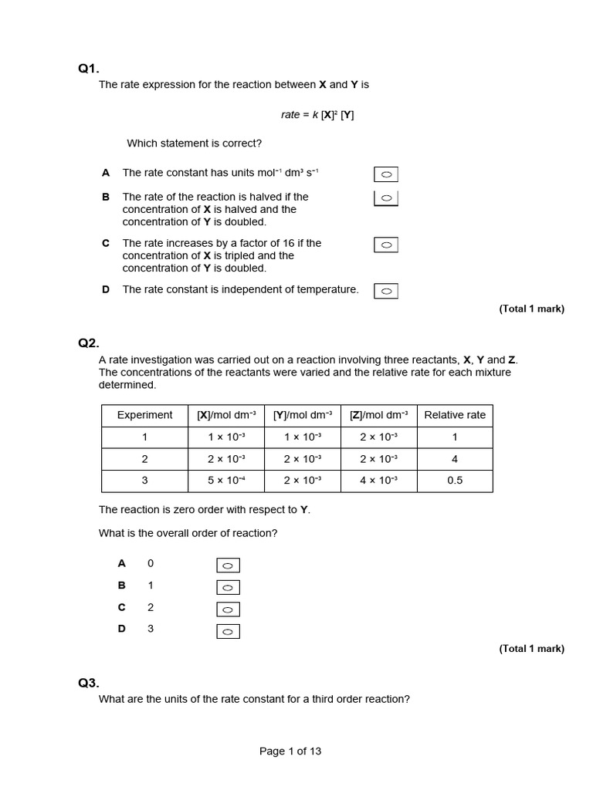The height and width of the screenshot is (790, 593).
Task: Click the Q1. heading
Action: pos(89,69)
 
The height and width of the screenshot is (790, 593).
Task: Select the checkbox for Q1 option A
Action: pos(386,175)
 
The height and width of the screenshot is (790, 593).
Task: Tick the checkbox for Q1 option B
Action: pos(386,198)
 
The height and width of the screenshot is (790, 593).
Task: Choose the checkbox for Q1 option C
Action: pos(386,245)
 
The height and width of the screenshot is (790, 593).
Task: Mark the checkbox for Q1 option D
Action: pos(386,291)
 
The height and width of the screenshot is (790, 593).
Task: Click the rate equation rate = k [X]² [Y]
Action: pos(317,114)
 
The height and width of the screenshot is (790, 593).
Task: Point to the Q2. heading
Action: pos(89,343)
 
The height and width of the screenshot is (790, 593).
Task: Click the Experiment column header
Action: pos(144,415)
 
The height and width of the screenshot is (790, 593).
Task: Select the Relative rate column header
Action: pos(455,415)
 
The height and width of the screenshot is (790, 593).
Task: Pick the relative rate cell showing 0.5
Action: pos(455,481)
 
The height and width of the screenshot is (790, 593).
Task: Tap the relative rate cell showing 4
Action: pos(455,459)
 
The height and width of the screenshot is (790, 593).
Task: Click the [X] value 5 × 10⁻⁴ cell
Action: pos(226,481)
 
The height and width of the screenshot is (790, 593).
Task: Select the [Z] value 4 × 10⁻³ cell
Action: pos(379,481)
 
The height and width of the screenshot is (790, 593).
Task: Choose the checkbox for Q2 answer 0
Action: pos(228,565)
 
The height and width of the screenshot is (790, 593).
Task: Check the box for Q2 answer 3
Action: pos(228,632)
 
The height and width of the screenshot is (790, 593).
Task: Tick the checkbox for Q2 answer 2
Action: pos(228,609)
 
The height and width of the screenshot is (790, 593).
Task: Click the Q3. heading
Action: pos(89,683)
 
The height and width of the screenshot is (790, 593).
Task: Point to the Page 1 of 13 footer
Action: pos(290,751)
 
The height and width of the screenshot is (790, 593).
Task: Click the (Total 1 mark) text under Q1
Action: pos(531,309)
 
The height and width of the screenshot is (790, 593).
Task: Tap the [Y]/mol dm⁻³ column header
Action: pos(303,415)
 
